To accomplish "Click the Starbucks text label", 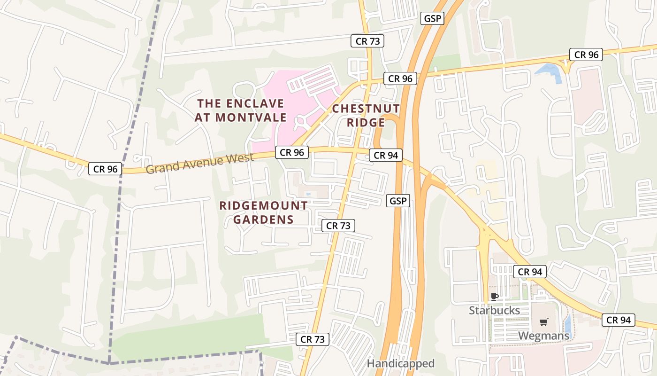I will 495,311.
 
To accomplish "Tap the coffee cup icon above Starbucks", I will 494,296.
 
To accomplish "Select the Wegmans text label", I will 543,336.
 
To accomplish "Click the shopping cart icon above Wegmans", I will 543,322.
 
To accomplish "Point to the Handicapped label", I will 400,363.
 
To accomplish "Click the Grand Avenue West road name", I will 199,163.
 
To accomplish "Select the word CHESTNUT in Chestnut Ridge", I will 366,109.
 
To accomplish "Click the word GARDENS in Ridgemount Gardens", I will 263,219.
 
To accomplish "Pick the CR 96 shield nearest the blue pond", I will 586,55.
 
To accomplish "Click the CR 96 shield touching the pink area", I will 292,152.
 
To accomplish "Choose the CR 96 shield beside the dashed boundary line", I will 105,169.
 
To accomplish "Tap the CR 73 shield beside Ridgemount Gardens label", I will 338,226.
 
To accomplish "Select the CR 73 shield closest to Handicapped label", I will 313,339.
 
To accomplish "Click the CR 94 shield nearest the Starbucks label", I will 530,272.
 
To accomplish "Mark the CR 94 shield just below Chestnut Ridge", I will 385,155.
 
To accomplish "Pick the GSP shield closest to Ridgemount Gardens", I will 398,201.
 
